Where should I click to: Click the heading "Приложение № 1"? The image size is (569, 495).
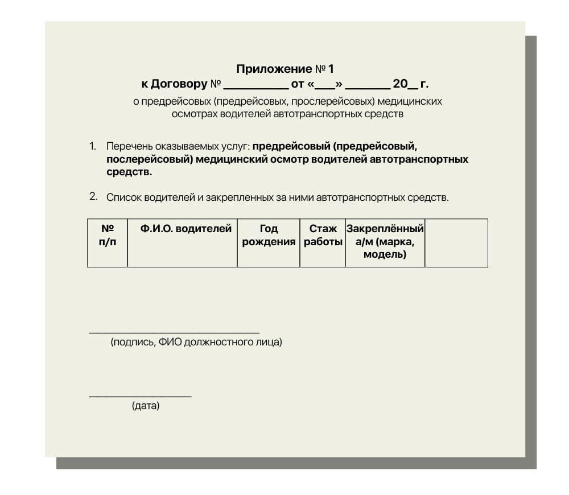(284, 69)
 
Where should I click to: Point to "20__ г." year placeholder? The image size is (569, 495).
(410, 84)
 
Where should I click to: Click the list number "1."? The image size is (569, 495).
(93, 146)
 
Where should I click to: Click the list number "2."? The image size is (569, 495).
(93, 197)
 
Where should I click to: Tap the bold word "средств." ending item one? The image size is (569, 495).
(129, 172)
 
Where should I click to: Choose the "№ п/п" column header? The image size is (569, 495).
(108, 235)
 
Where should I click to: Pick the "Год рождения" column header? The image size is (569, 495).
(269, 235)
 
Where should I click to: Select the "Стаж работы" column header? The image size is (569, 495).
(323, 235)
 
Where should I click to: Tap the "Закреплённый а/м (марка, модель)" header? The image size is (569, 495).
(385, 242)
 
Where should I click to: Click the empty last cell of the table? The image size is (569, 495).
(456, 243)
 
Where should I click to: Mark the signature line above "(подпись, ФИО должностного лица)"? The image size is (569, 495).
(174, 332)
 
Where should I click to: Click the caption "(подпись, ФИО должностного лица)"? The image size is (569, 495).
(196, 343)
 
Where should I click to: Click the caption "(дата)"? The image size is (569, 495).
(146, 406)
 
